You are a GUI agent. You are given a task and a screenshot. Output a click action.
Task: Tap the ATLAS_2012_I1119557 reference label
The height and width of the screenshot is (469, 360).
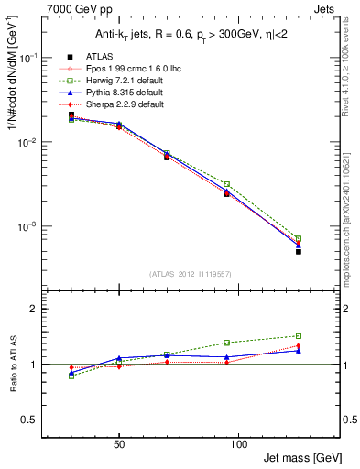[190, 274]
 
